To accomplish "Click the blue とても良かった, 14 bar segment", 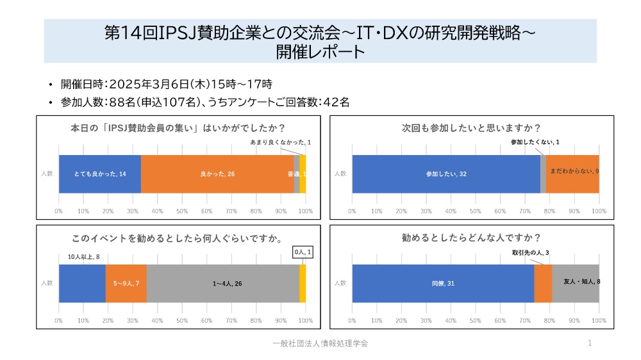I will tap(99, 174).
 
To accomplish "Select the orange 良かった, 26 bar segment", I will tap(217, 174).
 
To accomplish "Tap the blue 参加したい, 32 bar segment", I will tap(445, 174).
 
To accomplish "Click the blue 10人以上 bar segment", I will tap(82, 283).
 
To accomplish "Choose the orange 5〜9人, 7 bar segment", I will tap(126, 283).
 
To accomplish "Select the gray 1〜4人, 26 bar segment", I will tap(223, 283).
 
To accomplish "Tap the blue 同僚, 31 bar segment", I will tap(442, 283).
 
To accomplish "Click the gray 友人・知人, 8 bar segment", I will tap(575, 283).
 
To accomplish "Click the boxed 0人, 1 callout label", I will tap(303, 253).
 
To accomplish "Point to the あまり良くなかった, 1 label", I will tap(280, 142).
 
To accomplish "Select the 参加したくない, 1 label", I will tap(535, 142).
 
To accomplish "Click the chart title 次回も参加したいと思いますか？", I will tap(471, 127).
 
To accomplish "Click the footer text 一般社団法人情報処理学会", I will tap(320, 343).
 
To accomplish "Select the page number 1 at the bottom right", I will tap(589, 343).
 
